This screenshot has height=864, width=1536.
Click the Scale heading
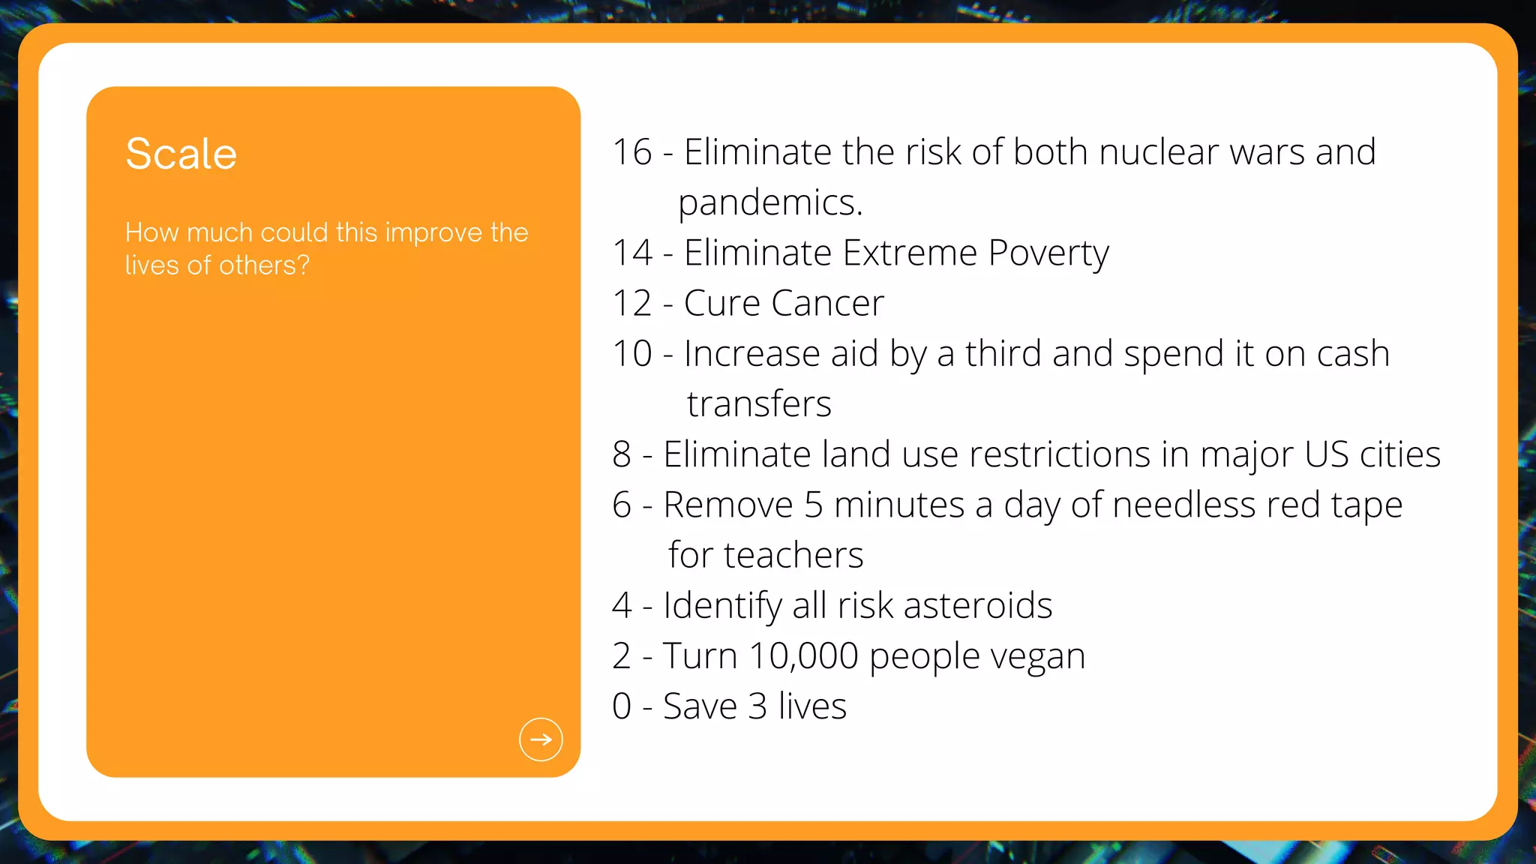coord(181,154)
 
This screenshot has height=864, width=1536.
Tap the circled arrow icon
coord(541,739)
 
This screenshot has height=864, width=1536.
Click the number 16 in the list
coord(632,152)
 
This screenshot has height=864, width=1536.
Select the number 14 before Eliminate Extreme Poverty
coord(632,253)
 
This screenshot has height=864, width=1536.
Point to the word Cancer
coord(827,304)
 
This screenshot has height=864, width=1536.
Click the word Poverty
coord(1048,253)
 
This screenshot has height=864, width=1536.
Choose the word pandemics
coord(770,203)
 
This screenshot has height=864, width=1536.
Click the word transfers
coord(759,404)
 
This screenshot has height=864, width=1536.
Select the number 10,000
coord(803,656)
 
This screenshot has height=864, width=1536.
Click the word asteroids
coord(978,606)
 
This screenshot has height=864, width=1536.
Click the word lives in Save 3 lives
coord(812,706)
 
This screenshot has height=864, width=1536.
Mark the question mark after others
coord(303,265)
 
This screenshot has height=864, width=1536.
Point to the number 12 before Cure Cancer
coord(632,304)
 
